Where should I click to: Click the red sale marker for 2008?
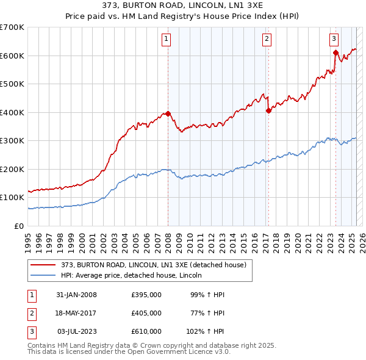tap(168, 113)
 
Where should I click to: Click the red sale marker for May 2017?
tap(268, 110)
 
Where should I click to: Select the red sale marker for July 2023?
tap(335, 52)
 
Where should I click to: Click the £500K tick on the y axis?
tap(12, 84)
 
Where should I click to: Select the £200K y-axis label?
tap(12, 169)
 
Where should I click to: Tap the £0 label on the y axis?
tap(19, 226)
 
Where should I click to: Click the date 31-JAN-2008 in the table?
tap(76, 295)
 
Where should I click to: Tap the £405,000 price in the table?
tap(146, 313)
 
